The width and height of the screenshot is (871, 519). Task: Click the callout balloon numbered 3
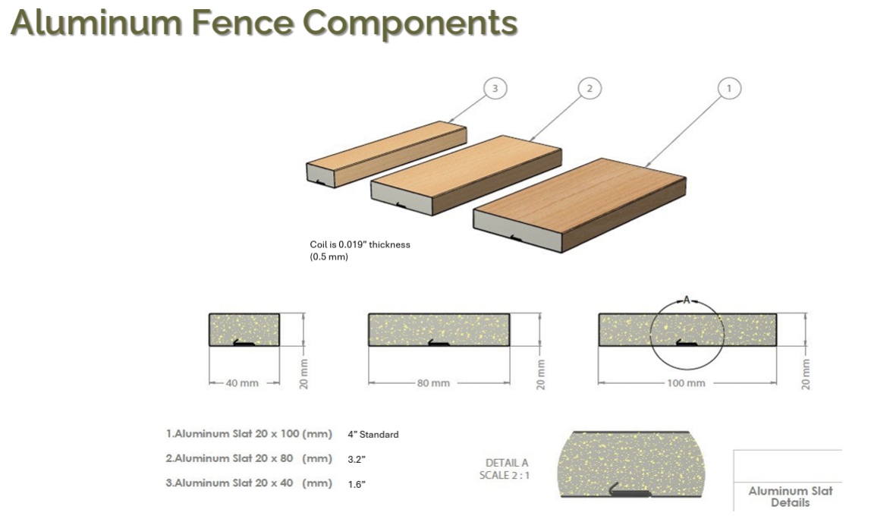pyautogui.click(x=495, y=88)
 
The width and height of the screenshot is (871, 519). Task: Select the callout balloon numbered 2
pyautogui.click(x=590, y=88)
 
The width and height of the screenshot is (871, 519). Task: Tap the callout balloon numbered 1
pyautogui.click(x=729, y=88)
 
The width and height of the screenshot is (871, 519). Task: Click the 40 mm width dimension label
pyautogui.click(x=242, y=383)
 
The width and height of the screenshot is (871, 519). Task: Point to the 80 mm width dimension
pyautogui.click(x=433, y=383)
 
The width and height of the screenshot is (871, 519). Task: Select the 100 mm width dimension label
pyautogui.click(x=686, y=383)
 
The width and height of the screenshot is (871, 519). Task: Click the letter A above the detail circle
pyautogui.click(x=687, y=300)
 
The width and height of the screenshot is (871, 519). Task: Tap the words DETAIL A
pyautogui.click(x=507, y=462)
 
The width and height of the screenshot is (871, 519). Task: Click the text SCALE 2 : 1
pyautogui.click(x=505, y=475)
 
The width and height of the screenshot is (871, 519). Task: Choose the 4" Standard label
pyautogui.click(x=373, y=435)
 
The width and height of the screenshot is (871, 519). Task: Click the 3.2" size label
pyautogui.click(x=357, y=460)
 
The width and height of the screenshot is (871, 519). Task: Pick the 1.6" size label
pyautogui.click(x=357, y=485)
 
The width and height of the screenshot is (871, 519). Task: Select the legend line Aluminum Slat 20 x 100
pyautogui.click(x=249, y=434)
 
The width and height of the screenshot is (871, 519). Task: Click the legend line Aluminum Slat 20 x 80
pyautogui.click(x=249, y=458)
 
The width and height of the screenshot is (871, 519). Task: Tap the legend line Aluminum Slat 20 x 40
pyautogui.click(x=249, y=483)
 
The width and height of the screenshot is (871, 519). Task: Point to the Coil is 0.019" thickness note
pyautogui.click(x=360, y=244)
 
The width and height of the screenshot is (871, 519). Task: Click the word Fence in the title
pyautogui.click(x=242, y=23)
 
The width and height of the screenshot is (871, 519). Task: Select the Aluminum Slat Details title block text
pyautogui.click(x=791, y=497)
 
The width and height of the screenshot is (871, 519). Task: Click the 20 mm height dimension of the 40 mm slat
pyautogui.click(x=303, y=374)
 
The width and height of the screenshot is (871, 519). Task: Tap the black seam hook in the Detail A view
pyautogui.click(x=630, y=490)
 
